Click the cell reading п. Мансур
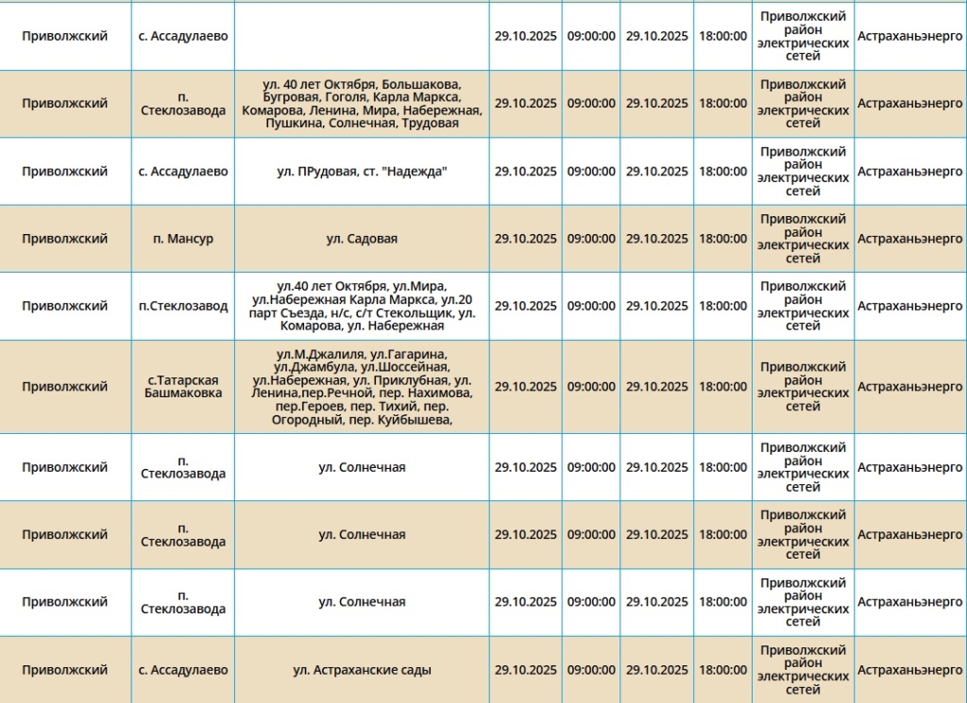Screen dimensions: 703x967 183,239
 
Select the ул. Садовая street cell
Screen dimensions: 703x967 362,239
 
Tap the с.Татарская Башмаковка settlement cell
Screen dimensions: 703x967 183,386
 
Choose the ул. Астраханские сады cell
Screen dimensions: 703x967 362,670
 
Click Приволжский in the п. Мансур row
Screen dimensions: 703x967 65,239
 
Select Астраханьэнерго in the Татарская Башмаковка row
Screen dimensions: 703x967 909,386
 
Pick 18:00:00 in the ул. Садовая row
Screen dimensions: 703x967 722,239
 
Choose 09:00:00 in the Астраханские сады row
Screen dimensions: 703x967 591,670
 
